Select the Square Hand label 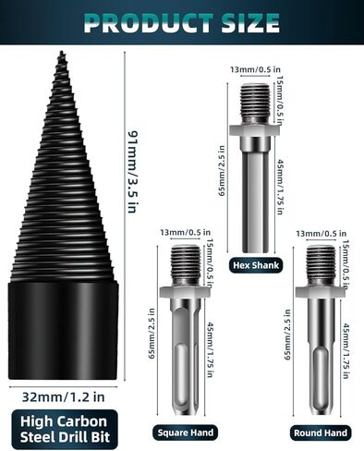(x=185, y=432)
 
